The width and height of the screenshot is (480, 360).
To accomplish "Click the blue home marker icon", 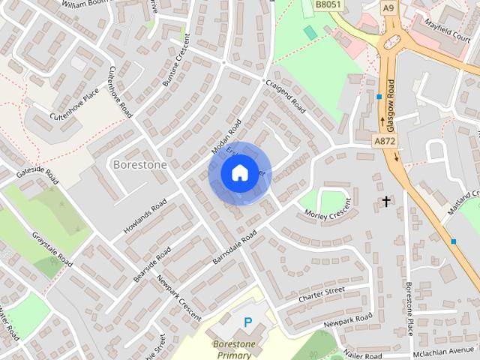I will pos(239,173).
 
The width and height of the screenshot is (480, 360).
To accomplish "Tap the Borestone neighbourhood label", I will pos(139,163).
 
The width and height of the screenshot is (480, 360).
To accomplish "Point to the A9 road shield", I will pos(388,7).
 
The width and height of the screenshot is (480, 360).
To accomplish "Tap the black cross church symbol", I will pos(386,201).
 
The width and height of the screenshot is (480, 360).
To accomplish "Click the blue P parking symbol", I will pos(247,322).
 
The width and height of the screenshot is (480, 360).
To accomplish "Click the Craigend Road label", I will pos(285,95).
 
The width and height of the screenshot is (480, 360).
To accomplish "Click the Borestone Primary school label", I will pos(234,350).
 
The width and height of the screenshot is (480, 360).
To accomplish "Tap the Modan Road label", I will pos(226,137).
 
